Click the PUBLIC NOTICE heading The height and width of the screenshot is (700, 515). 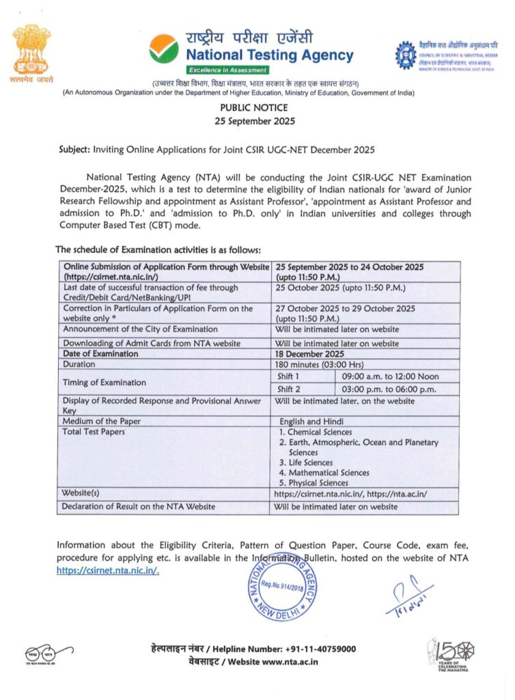[254, 107]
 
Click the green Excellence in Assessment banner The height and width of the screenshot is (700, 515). [227, 70]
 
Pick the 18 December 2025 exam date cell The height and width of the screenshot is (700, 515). [309, 353]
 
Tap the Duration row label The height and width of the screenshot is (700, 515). [81, 365]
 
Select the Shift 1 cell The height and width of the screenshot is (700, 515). [288, 377]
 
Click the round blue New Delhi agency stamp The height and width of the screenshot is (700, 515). [282, 587]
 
